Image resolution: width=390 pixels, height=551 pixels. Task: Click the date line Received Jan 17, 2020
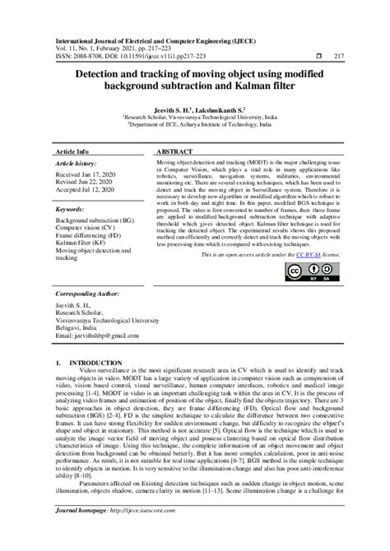pyautogui.click(x=86, y=175)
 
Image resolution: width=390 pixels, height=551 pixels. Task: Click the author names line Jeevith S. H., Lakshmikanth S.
pyautogui.click(x=195, y=108)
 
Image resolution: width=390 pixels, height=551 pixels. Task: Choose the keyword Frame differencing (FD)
pyautogui.click(x=91, y=237)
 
